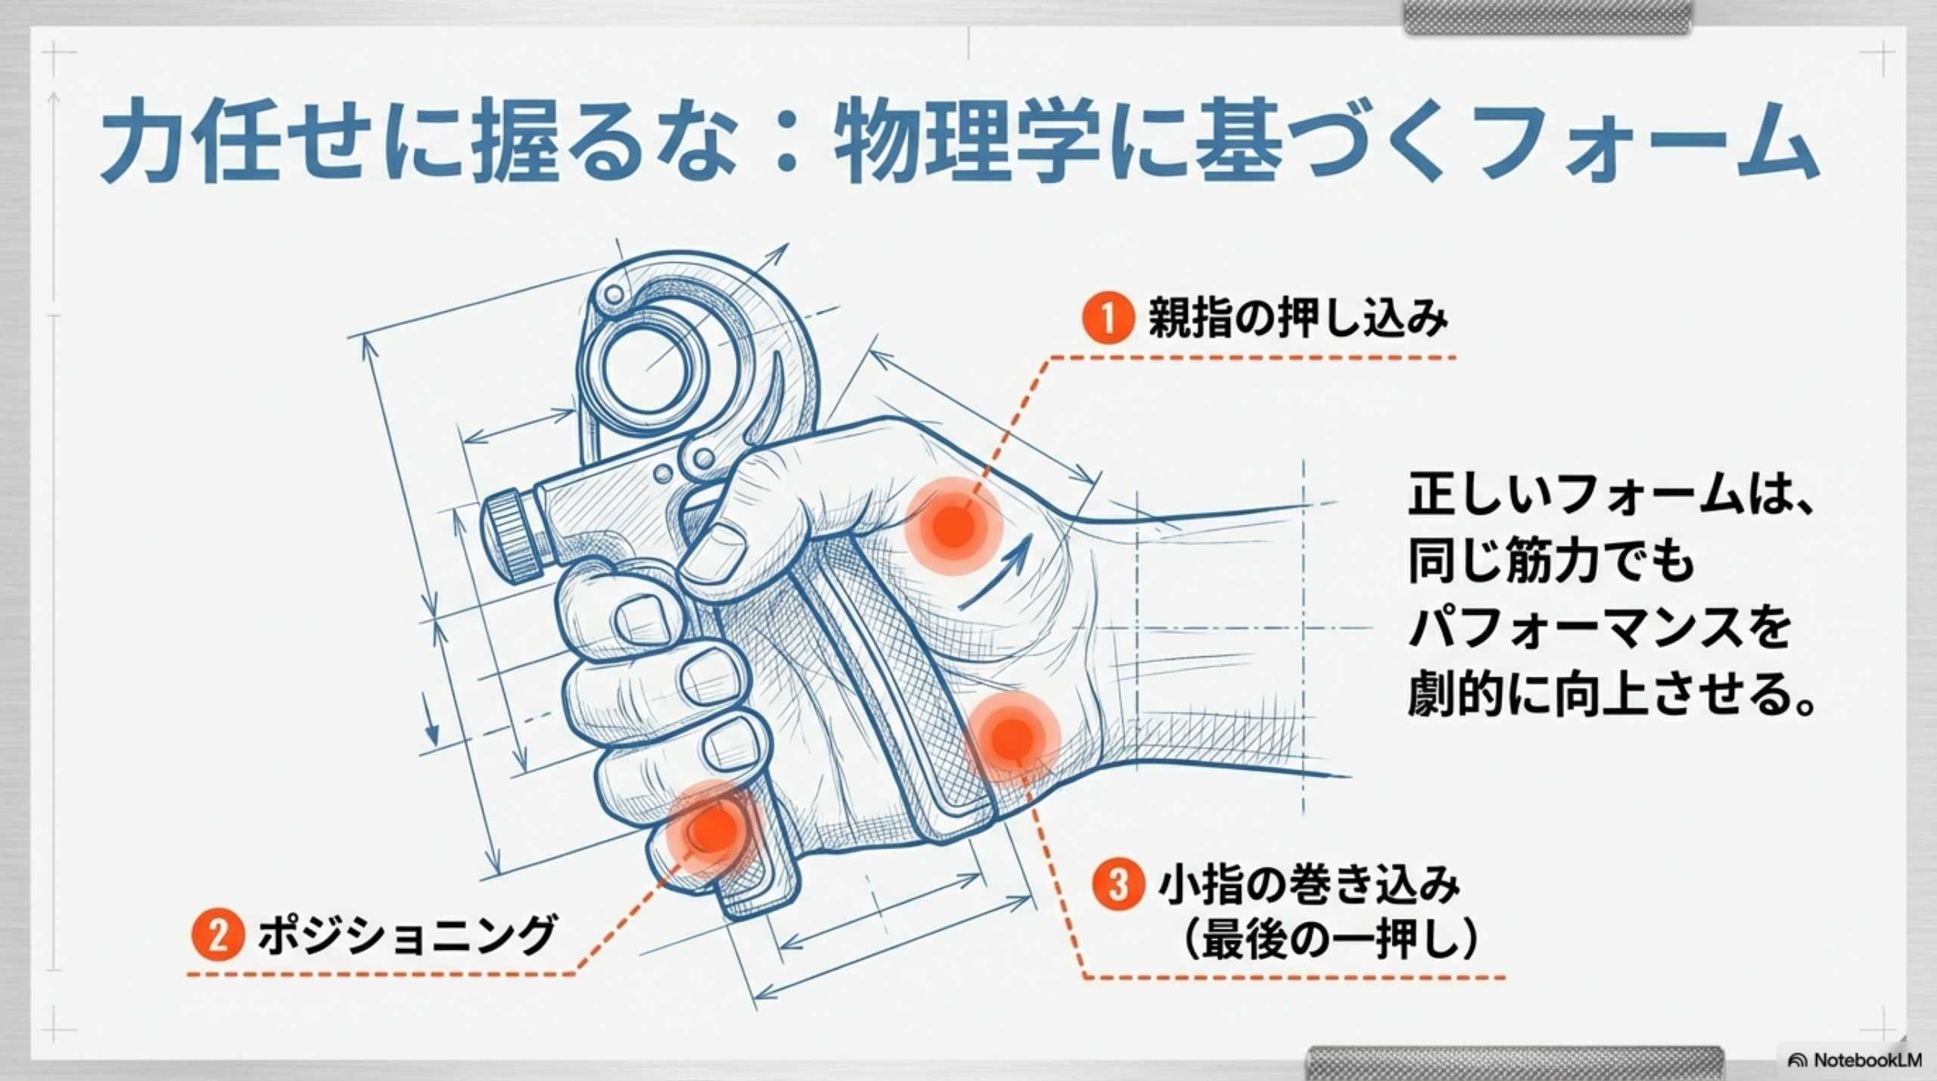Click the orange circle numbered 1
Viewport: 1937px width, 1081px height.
tap(1107, 318)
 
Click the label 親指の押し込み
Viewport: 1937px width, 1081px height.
tap(1297, 318)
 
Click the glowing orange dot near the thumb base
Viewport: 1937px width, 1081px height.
tap(953, 526)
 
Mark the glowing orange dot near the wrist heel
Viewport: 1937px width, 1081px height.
tap(1012, 736)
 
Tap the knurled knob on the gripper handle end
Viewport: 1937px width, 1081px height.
tap(511, 536)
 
